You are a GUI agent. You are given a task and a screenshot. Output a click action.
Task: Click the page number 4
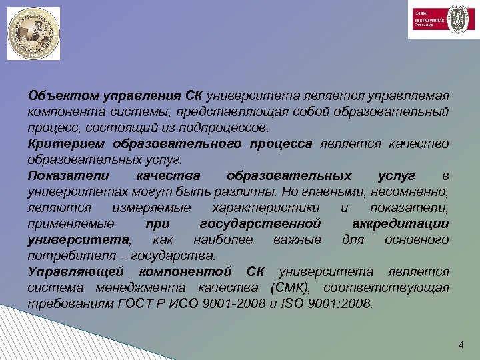coord(460,345)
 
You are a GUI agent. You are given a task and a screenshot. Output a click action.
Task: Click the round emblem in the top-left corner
coord(33,34)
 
